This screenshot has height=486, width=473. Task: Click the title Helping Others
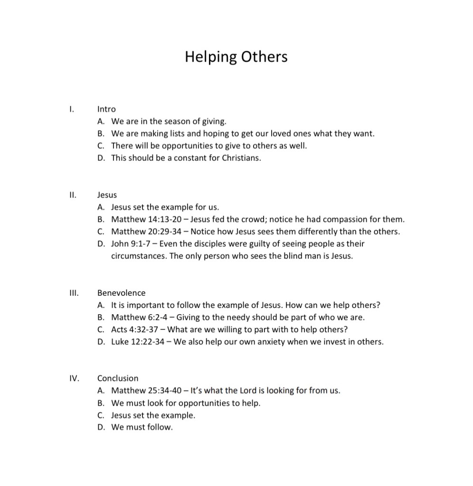(x=236, y=57)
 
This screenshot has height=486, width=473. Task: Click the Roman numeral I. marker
(x=71, y=109)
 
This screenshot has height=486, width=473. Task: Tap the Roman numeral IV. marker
(x=74, y=378)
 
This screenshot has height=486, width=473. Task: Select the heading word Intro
(x=106, y=109)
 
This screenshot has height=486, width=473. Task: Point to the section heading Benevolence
(x=121, y=293)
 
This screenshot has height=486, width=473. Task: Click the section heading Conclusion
(x=118, y=378)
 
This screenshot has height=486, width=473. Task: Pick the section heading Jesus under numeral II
(x=107, y=195)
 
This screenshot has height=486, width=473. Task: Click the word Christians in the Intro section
(x=242, y=158)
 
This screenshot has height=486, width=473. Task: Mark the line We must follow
(x=142, y=427)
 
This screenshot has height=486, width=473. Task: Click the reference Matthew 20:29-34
(x=146, y=232)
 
